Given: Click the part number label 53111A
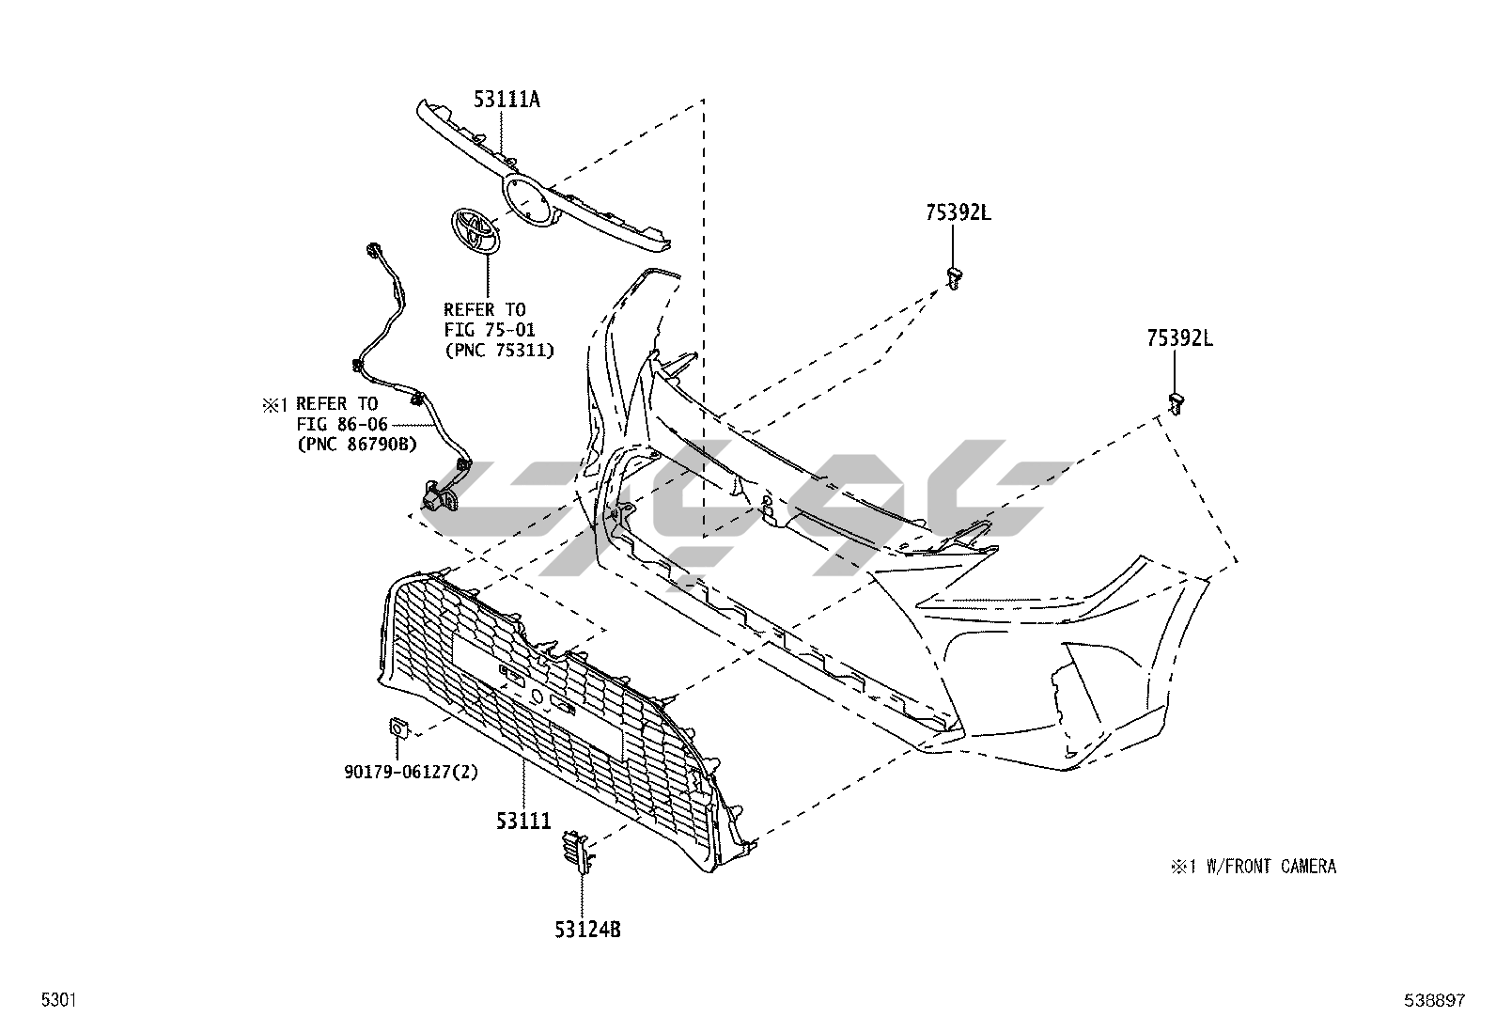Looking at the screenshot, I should pos(506,100).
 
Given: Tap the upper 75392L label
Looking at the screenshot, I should pos(958,212).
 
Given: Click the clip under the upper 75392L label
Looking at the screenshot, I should pos(955,277).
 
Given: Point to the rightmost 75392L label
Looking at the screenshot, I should pos(1179,338).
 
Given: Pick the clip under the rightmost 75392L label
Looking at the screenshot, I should pos(1176,401).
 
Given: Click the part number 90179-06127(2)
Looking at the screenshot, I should pos(412,772).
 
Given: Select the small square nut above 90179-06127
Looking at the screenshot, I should pos(397,727).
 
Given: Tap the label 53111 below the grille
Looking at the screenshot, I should pos(523,821).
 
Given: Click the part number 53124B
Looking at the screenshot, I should pos(586,931).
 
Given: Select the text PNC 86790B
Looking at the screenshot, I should pos(357,444).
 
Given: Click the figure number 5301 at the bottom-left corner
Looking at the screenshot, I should pos(57,1001).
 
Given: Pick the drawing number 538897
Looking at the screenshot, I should pos(1434,1001).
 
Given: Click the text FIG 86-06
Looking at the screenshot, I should pos(342,424).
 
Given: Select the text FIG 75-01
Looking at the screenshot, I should pos(484,330).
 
